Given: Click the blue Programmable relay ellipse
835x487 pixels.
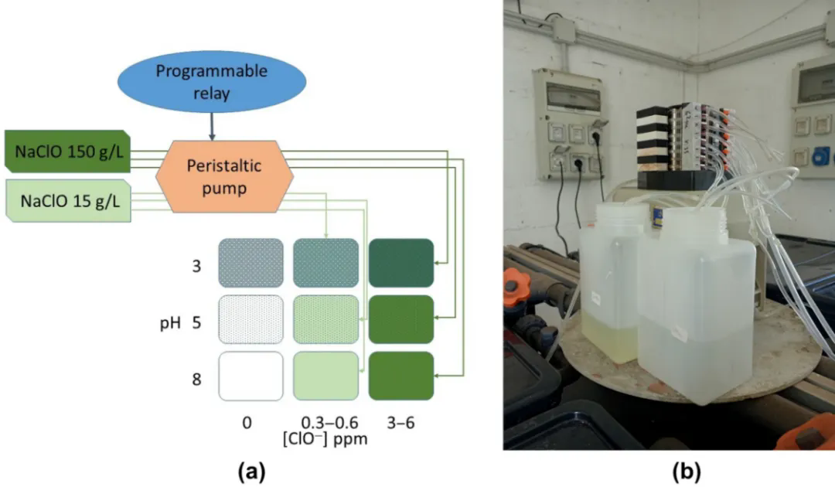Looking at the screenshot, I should tap(211, 80).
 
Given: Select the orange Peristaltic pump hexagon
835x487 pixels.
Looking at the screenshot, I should tap(224, 175).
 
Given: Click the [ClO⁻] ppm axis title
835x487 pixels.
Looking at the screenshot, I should tap(324, 440).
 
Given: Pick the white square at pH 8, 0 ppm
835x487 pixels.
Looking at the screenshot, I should tap(250, 376).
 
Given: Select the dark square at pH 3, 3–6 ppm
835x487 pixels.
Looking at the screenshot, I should tap(400, 263).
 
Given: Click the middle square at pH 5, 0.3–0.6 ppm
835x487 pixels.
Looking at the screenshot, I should tap(325, 319).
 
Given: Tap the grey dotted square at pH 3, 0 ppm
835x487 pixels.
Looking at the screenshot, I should tap(250, 263).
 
